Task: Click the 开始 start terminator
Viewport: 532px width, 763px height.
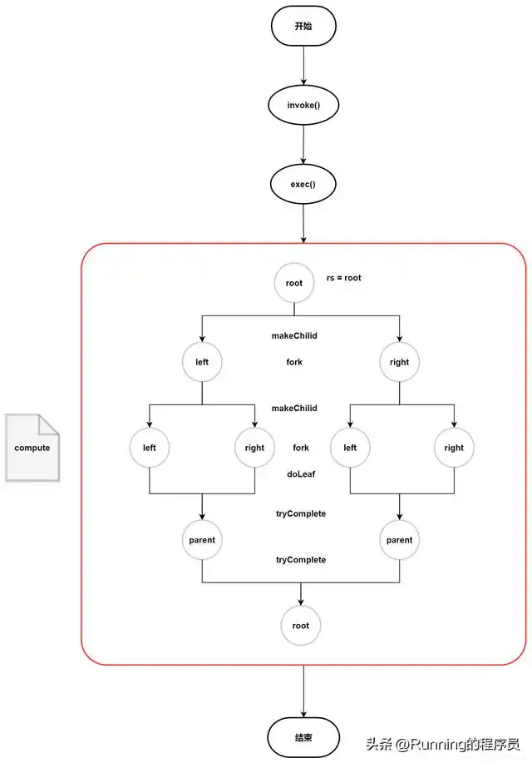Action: point(303,27)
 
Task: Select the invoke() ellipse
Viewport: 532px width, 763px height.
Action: point(303,106)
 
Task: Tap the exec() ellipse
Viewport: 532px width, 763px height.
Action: point(303,184)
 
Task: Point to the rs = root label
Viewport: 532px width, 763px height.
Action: point(343,278)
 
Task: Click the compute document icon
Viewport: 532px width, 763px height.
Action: point(32,448)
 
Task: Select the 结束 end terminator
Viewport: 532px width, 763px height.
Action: point(303,738)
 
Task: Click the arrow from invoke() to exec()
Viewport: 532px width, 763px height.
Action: point(303,145)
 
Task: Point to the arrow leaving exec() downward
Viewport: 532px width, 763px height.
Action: point(303,223)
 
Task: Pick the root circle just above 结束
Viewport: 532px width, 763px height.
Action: point(300,626)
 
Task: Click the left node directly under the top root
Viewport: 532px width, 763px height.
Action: point(202,362)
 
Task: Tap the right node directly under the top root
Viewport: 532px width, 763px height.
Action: point(399,362)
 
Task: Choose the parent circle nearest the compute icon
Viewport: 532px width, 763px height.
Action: point(202,540)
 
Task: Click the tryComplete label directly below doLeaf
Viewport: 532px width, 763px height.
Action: point(300,513)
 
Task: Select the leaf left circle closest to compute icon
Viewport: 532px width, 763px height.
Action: point(150,448)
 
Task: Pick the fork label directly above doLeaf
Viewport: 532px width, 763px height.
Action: point(300,448)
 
